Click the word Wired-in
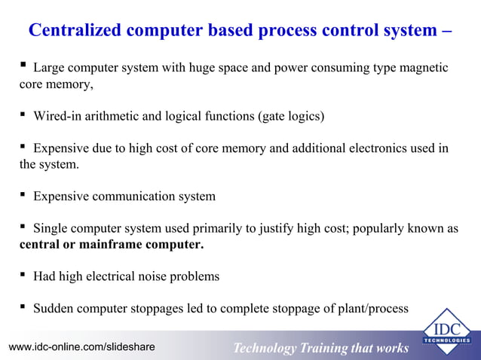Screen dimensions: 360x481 point(59,116)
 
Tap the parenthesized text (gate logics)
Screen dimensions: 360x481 point(290,116)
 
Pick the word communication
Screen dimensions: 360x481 point(130,196)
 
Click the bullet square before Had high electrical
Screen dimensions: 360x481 point(24,276)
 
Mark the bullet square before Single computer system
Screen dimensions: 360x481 point(24,227)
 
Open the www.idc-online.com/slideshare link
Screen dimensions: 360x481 point(81,346)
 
